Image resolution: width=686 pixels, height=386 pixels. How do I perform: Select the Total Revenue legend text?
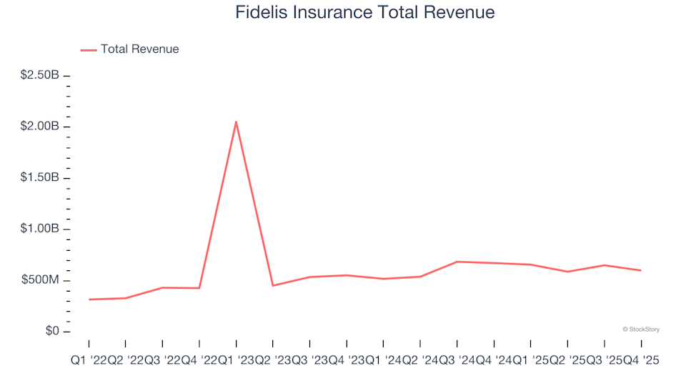(139, 49)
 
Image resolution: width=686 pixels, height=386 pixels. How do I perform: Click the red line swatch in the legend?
(88, 50)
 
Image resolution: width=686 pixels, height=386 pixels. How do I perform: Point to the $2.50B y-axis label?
(39, 75)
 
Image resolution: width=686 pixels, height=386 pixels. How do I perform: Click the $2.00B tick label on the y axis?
(39, 127)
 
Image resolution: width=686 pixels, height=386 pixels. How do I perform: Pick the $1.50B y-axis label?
(39, 178)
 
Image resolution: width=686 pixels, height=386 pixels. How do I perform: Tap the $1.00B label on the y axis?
(39, 229)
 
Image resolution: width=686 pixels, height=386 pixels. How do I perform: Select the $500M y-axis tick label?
(42, 280)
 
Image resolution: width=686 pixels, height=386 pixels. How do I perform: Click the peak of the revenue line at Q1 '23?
(236, 122)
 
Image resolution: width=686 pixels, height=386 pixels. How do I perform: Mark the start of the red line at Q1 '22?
(89, 300)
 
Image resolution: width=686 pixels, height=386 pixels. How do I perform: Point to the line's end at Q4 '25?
(640, 270)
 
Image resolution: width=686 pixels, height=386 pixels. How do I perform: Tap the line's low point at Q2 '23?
(273, 286)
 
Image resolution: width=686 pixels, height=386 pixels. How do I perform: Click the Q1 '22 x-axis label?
(89, 362)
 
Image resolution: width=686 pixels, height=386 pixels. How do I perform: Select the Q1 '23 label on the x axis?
(236, 362)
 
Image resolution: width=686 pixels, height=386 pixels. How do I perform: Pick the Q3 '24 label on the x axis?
(457, 362)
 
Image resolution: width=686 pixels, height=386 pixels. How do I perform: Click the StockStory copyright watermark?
(641, 330)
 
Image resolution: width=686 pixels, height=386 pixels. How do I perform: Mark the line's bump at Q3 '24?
(457, 262)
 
